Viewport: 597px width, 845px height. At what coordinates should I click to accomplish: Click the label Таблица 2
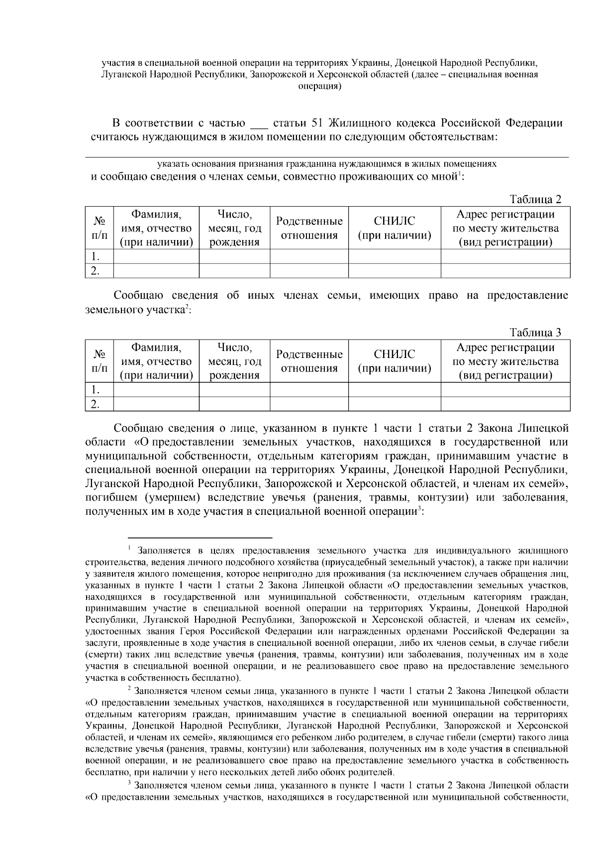pyautogui.click(x=535, y=200)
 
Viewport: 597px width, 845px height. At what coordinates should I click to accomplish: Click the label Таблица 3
pyautogui.click(x=535, y=333)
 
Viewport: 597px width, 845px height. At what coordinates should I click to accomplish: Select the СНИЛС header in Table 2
pyautogui.click(x=395, y=228)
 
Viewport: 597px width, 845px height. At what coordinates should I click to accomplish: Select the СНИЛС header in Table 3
pyautogui.click(x=395, y=361)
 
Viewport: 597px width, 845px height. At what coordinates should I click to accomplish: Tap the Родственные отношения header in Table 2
pyautogui.click(x=309, y=228)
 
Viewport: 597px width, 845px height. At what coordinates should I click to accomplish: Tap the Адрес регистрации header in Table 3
pyautogui.click(x=505, y=361)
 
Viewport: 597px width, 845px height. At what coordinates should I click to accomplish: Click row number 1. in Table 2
pyautogui.click(x=96, y=257)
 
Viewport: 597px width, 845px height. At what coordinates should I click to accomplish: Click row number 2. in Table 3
pyautogui.click(x=96, y=404)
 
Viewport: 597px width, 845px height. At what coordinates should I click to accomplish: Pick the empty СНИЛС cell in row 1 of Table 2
pyautogui.click(x=395, y=257)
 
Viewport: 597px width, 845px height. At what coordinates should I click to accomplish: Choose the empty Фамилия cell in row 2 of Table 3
pyautogui.click(x=156, y=404)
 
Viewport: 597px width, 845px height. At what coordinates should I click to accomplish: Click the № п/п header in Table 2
pyautogui.click(x=99, y=228)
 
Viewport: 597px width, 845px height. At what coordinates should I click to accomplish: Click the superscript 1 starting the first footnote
pyautogui.click(x=129, y=548)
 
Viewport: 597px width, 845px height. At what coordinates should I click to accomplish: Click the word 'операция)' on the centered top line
pyautogui.click(x=319, y=86)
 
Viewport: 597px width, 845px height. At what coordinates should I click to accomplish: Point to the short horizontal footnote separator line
pyautogui.click(x=200, y=538)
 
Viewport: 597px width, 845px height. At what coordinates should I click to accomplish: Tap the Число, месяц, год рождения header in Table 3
pyautogui.click(x=234, y=361)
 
